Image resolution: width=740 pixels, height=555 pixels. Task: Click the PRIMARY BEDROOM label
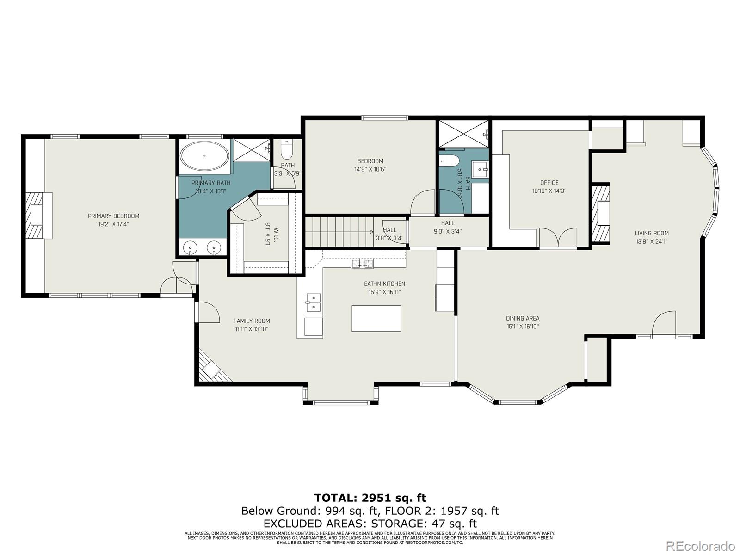[x=113, y=216]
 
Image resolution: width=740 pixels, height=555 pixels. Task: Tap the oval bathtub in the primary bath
[x=204, y=156]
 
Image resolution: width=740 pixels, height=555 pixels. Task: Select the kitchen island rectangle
[x=376, y=318]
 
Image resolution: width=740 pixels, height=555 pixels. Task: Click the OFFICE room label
[x=549, y=183]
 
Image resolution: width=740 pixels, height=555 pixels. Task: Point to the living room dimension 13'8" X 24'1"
[x=651, y=241]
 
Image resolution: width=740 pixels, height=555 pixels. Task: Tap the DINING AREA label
[x=522, y=318]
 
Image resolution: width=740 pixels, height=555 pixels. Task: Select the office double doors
[x=558, y=238]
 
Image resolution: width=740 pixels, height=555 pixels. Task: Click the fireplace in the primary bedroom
[x=38, y=216]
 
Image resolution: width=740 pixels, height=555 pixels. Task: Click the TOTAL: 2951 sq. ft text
[x=370, y=498]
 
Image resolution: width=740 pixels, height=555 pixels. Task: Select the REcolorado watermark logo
[x=701, y=546]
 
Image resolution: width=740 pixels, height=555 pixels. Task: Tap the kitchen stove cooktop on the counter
[x=362, y=264]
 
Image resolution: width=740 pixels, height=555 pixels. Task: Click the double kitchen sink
[x=313, y=302]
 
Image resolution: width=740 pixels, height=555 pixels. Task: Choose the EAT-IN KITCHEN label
[x=384, y=284]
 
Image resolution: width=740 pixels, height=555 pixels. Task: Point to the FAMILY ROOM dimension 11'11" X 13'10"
[x=252, y=329]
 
